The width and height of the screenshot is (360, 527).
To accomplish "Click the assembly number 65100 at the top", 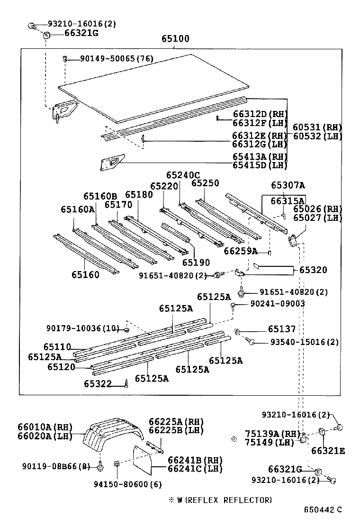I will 174,39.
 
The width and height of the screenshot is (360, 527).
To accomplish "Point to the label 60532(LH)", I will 317,136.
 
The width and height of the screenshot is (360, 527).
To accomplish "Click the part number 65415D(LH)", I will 260,165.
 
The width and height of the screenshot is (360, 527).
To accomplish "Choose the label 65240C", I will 183,175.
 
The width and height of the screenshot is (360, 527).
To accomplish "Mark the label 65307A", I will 288,185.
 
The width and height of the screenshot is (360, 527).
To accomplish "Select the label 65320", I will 313,270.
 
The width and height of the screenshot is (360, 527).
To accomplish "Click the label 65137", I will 282,329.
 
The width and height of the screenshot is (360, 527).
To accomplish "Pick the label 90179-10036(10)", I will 82,328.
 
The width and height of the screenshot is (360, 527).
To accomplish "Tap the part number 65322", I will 98,384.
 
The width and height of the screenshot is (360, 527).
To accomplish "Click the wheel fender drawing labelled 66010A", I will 111,436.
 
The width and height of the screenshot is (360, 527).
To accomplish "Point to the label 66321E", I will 328,451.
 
